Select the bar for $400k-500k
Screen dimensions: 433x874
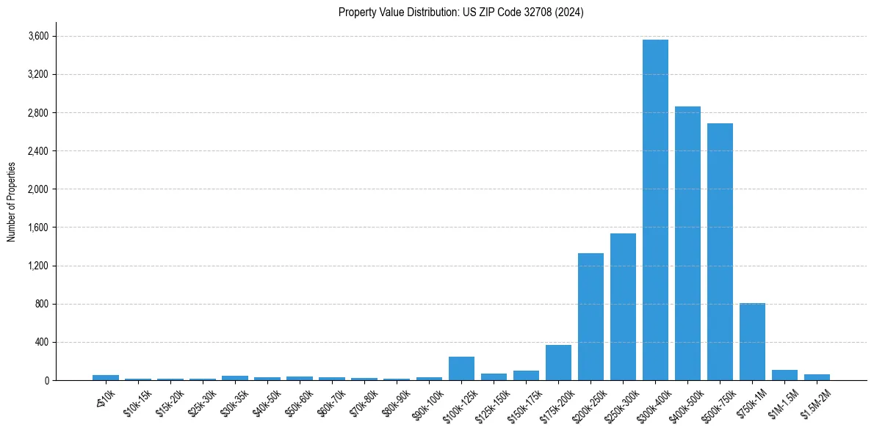pyautogui.click(x=687, y=243)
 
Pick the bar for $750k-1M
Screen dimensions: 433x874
pyautogui.click(x=752, y=341)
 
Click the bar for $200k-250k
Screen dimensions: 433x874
pyautogui.click(x=591, y=316)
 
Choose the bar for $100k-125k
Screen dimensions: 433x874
pyautogui.click(x=461, y=368)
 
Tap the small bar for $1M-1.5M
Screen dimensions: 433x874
pyautogui.click(x=784, y=375)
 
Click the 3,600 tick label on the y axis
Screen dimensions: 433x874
pyautogui.click(x=38, y=36)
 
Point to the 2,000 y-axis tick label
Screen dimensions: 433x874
pyautogui.click(x=38, y=189)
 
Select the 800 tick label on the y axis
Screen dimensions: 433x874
pyautogui.click(x=43, y=304)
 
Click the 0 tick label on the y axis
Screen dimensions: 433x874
pyautogui.click(x=46, y=380)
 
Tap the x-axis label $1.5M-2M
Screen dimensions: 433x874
pyautogui.click(x=813, y=403)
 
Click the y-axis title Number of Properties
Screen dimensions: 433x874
pyautogui.click(x=11, y=202)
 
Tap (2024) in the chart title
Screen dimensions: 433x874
pyautogui.click(x=571, y=12)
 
